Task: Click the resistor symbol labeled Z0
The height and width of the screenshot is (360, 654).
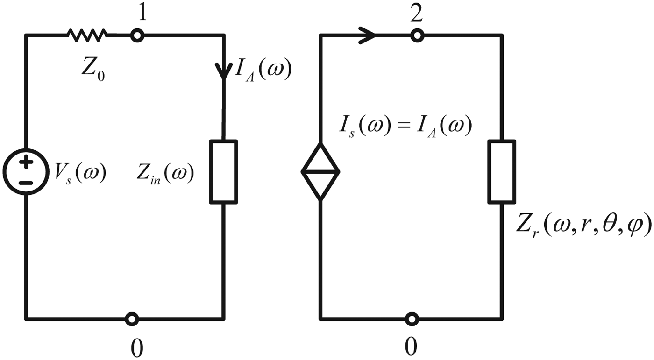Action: (87, 34)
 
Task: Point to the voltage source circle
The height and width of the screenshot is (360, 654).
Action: (26, 172)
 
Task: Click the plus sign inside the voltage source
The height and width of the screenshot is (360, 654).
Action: (27, 162)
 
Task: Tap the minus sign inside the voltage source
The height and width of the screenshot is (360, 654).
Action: (27, 182)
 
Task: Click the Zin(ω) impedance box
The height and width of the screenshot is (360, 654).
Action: (223, 171)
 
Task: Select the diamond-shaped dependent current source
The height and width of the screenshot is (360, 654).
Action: (320, 172)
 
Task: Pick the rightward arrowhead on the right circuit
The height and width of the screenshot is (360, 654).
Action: (367, 35)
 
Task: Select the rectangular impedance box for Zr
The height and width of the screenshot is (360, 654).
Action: (502, 171)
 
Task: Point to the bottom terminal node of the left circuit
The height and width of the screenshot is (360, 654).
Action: (132, 319)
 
